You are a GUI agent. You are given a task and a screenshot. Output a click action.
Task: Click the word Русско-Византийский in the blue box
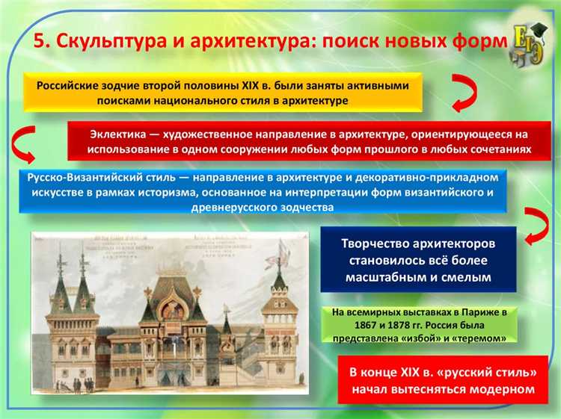point(80,179)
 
